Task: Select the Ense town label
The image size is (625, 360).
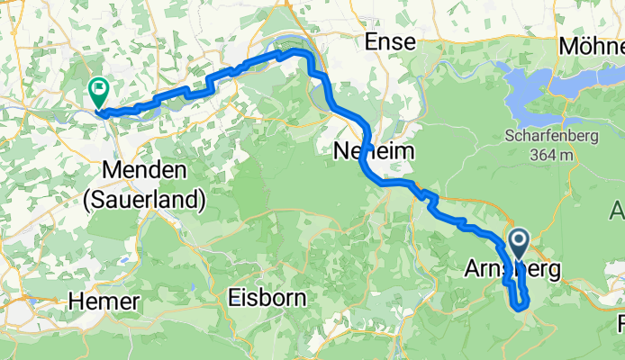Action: click(x=389, y=41)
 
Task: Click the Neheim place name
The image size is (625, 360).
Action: click(x=374, y=150)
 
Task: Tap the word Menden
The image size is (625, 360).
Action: click(x=144, y=169)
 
